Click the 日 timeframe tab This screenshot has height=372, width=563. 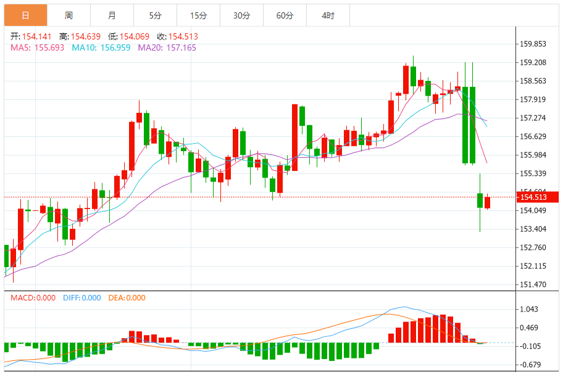pyautogui.click(x=25, y=15)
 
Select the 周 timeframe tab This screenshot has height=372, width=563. pyautogui.click(x=69, y=15)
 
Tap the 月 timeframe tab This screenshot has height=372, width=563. pyautogui.click(x=112, y=15)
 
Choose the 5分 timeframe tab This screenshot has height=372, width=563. pyautogui.click(x=155, y=15)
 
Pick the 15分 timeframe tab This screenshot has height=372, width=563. pyautogui.click(x=198, y=15)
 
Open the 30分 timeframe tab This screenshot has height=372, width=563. pyautogui.click(x=241, y=15)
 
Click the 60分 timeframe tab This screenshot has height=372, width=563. pyautogui.click(x=285, y=15)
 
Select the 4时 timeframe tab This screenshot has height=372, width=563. pyautogui.click(x=328, y=15)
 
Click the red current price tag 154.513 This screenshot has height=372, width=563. pyautogui.click(x=538, y=197)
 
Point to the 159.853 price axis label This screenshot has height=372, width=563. pyautogui.click(x=534, y=44)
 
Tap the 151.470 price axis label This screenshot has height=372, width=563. pyautogui.click(x=534, y=284)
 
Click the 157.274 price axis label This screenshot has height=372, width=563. pyautogui.click(x=534, y=118)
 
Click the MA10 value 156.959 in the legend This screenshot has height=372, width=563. pyautogui.click(x=114, y=48)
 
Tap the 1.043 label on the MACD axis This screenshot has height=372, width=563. pyautogui.click(x=530, y=310)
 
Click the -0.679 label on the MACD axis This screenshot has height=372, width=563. pyautogui.click(x=530, y=365)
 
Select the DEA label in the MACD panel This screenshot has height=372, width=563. pyautogui.click(x=117, y=298)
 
